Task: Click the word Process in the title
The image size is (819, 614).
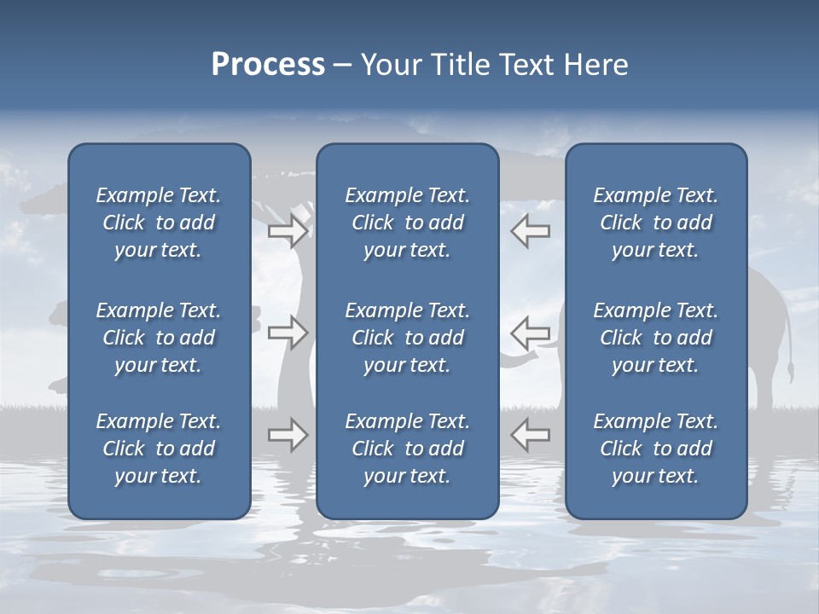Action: click(x=268, y=65)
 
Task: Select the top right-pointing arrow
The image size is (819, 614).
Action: click(x=288, y=231)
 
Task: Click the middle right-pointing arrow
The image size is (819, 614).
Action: click(x=288, y=333)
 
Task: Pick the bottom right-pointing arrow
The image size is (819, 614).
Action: click(x=288, y=435)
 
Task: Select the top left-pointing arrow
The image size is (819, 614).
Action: click(x=531, y=231)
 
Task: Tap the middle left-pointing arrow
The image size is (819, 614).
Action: click(x=531, y=333)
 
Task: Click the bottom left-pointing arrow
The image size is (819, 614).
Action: click(x=531, y=435)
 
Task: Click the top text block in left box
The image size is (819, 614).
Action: click(x=159, y=223)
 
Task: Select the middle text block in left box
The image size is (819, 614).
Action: click(x=159, y=338)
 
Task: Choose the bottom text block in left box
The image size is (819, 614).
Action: click(x=159, y=449)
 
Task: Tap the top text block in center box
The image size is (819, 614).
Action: click(x=407, y=223)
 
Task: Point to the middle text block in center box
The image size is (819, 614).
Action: click(x=407, y=338)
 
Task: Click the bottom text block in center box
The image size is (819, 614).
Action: click(x=407, y=449)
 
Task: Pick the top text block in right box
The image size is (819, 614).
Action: click(x=655, y=223)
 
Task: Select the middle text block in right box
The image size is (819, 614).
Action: click(x=655, y=338)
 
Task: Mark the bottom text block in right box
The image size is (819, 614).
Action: click(x=655, y=449)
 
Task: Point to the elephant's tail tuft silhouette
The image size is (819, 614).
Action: click(x=791, y=372)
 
